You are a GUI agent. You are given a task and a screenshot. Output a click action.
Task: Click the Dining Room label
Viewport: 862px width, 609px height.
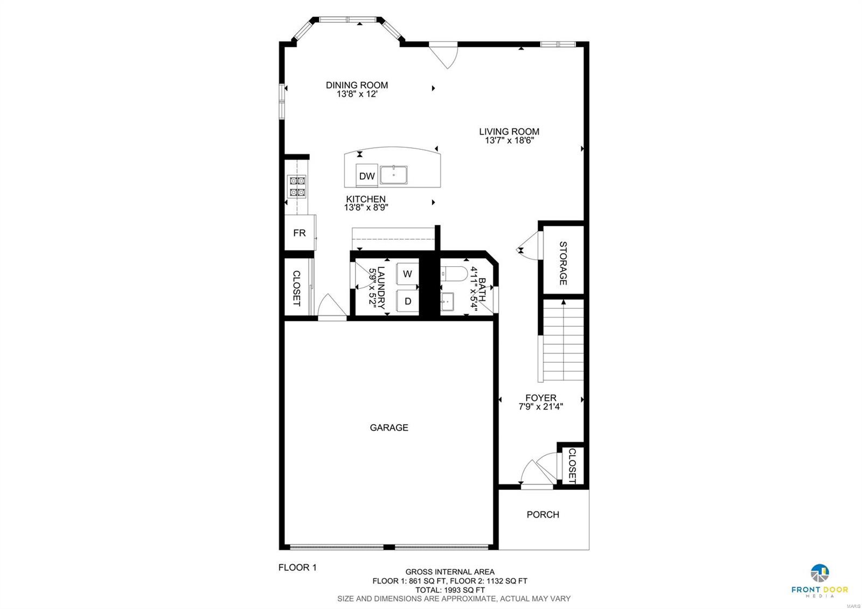point(357,85)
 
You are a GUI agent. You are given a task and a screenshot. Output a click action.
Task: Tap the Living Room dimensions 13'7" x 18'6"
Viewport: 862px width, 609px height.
point(509,141)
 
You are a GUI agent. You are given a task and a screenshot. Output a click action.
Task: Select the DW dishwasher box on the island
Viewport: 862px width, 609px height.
point(366,176)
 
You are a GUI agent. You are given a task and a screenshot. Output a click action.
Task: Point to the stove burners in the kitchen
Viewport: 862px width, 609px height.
point(297,186)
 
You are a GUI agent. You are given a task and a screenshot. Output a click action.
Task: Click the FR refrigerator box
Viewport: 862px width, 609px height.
point(300,233)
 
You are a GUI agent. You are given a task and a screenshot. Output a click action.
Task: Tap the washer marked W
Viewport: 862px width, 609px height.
point(407,274)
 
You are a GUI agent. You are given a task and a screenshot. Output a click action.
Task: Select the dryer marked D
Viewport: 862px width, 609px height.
point(407,301)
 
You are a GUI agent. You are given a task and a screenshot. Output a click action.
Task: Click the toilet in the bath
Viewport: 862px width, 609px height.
point(453,274)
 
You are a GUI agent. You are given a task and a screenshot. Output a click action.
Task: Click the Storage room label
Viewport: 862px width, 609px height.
point(563,263)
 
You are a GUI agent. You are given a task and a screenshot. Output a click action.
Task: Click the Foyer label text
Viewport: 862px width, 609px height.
point(540,398)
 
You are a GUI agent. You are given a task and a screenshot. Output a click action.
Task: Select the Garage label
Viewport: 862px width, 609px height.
point(388,427)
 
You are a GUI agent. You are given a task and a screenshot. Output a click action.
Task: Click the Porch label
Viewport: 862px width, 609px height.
point(543,515)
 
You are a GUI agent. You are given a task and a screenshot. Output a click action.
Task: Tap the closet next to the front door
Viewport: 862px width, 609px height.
point(572,465)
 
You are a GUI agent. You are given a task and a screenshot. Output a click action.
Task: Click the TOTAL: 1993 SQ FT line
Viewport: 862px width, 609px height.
point(450,590)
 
